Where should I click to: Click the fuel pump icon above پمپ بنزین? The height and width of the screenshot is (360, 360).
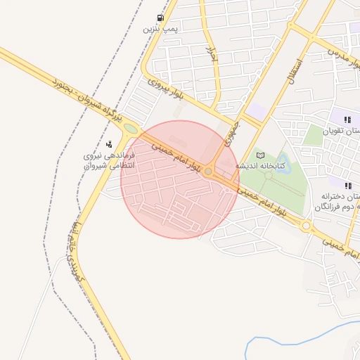(x=161, y=18)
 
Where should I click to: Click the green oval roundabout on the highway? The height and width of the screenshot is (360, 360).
(x=130, y=129)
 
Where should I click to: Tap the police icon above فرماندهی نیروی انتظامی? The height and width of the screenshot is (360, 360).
(x=108, y=144)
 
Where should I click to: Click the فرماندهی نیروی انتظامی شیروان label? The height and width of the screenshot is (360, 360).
(x=108, y=160)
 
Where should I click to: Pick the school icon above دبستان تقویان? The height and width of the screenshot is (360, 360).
(x=347, y=119)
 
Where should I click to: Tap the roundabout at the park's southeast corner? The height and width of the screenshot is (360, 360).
(x=307, y=226)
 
